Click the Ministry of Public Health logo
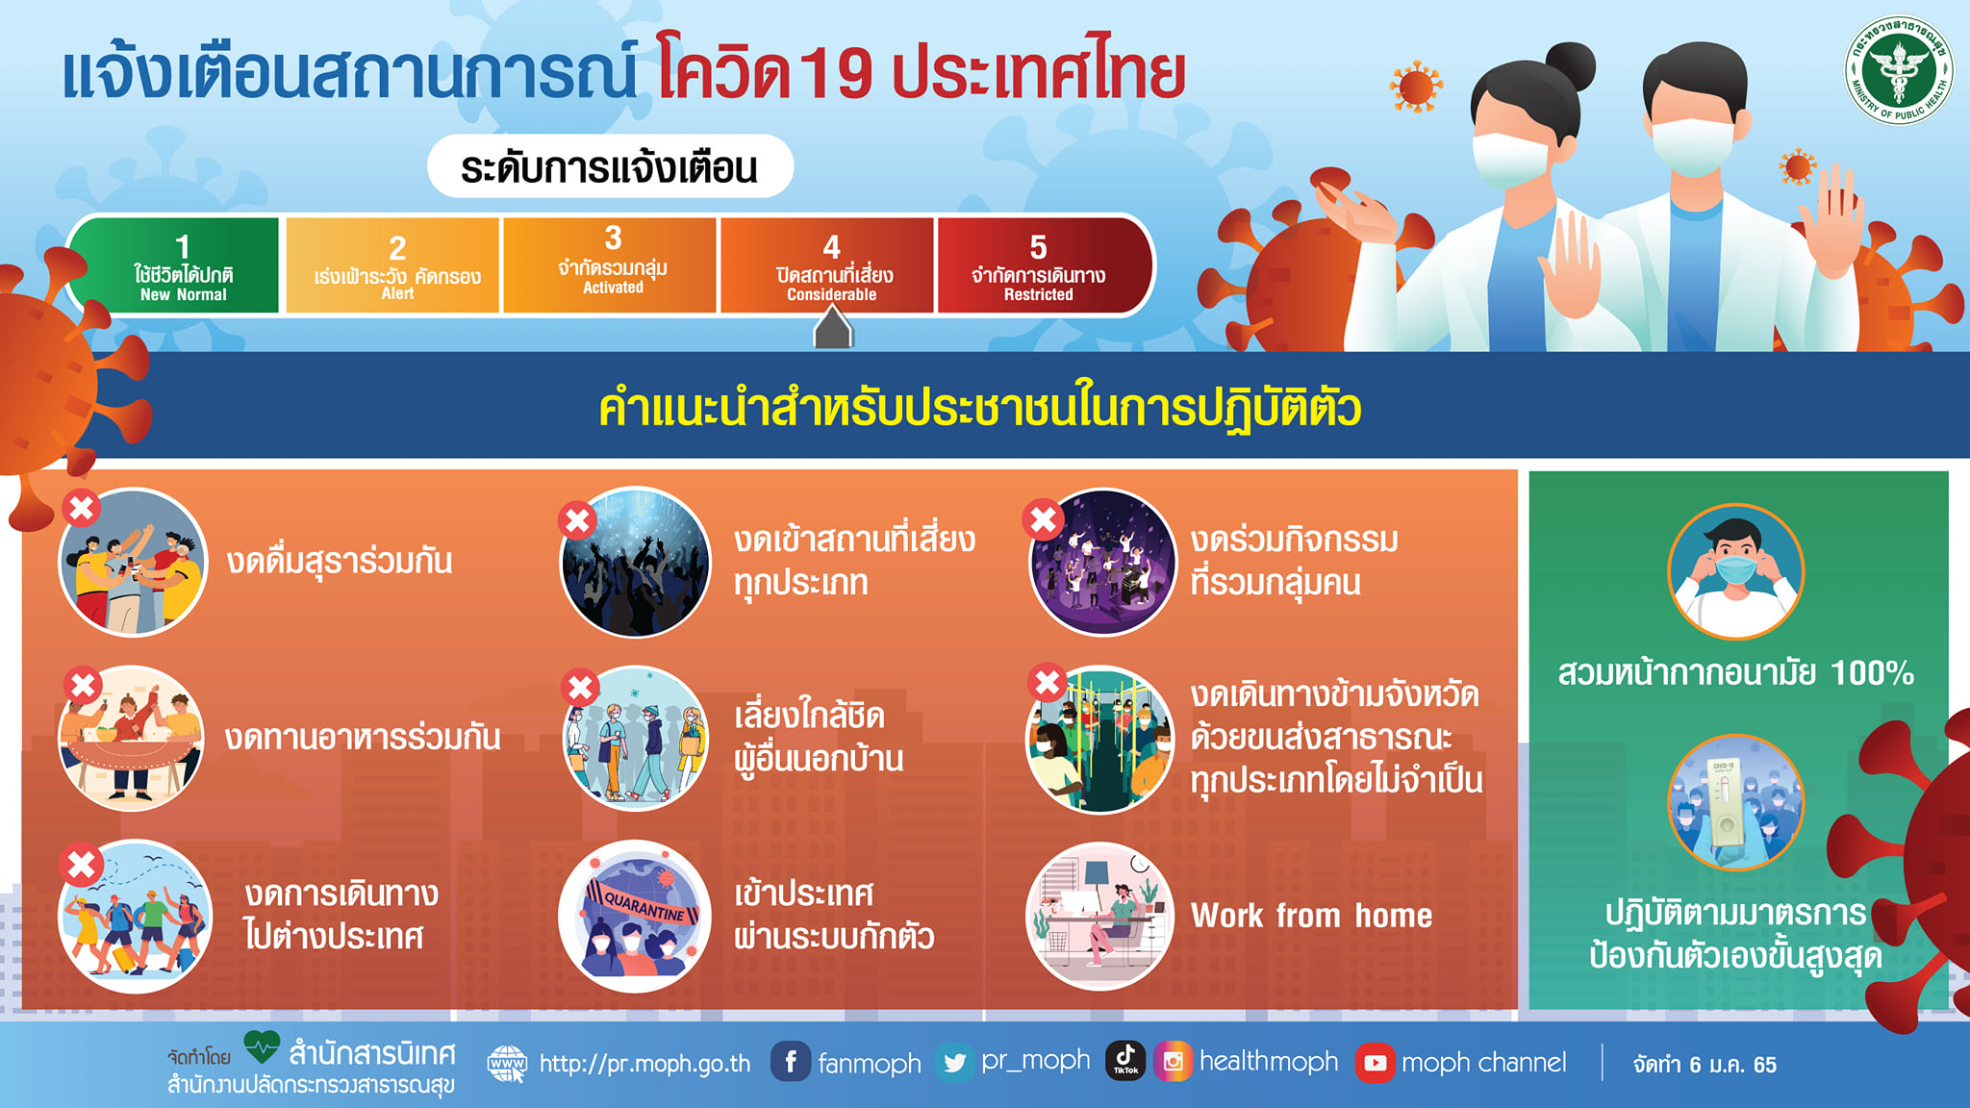[1899, 70]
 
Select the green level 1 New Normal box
[175, 265]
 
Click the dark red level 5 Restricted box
[1045, 265]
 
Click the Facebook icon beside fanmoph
[791, 1062]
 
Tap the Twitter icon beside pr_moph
[954, 1063]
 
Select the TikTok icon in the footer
[1125, 1060]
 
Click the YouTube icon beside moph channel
[1376, 1063]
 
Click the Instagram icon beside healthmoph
[1174, 1062]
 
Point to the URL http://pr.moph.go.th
[644, 1064]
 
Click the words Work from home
[1311, 916]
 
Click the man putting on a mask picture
[1735, 572]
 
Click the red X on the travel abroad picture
[82, 865]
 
